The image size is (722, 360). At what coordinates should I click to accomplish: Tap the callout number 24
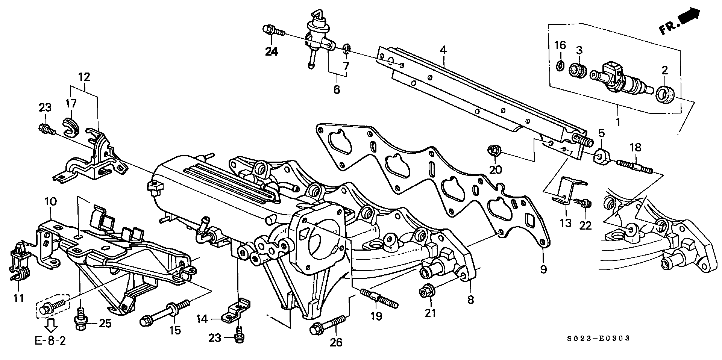point(272,52)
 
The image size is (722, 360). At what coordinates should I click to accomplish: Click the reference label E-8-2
point(50,341)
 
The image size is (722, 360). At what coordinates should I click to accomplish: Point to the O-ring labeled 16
point(560,67)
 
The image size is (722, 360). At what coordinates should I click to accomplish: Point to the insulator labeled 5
point(602,156)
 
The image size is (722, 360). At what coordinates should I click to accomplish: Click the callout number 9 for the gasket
point(543,269)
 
